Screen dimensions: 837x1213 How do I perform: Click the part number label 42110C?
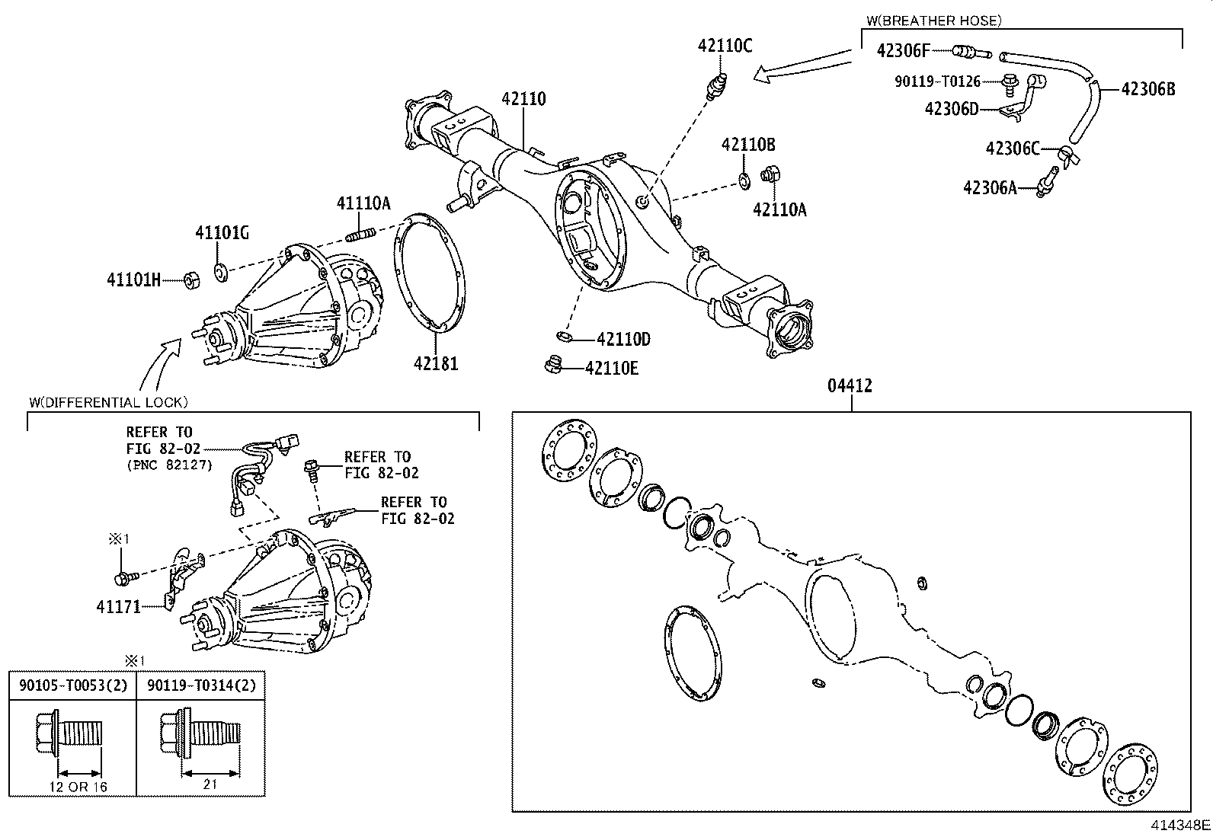pyautogui.click(x=725, y=46)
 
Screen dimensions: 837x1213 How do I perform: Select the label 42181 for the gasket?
pyautogui.click(x=436, y=363)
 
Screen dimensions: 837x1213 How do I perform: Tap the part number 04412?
pyautogui.click(x=850, y=386)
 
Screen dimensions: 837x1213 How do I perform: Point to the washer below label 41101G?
pyautogui.click(x=219, y=270)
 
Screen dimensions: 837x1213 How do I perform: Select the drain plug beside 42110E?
pyautogui.click(x=554, y=367)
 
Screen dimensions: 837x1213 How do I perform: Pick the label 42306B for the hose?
pyautogui.click(x=1147, y=89)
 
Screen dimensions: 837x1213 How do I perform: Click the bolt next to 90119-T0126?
pyautogui.click(x=1010, y=82)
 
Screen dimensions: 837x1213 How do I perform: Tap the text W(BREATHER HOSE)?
pyautogui.click(x=934, y=21)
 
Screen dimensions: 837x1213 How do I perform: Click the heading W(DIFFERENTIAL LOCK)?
pyautogui.click(x=107, y=402)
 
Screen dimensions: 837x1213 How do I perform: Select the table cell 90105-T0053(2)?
pyautogui.click(x=72, y=685)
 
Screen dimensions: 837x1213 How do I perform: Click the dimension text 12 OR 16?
pyautogui.click(x=77, y=787)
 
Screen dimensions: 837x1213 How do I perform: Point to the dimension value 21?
pyautogui.click(x=211, y=784)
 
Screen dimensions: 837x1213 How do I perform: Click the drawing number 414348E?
pyautogui.click(x=1180, y=825)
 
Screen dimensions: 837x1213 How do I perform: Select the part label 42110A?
pyautogui.click(x=779, y=209)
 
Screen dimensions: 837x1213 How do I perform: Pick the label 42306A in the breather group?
pyautogui.click(x=990, y=187)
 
